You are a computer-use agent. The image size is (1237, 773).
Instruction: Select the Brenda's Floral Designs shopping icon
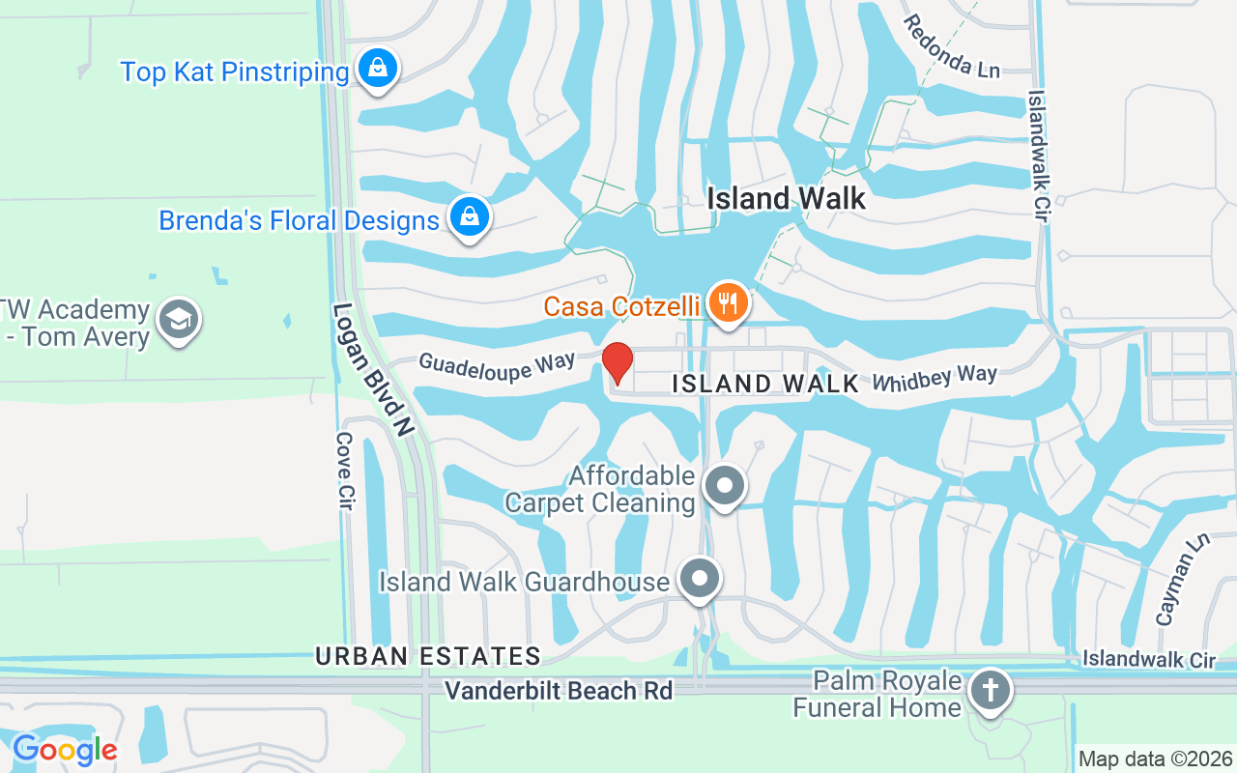(469, 216)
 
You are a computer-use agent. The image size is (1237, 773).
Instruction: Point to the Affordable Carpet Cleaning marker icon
(725, 486)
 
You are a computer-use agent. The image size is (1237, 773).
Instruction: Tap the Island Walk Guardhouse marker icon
(700, 579)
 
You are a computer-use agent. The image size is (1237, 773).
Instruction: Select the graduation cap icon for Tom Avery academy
(179, 320)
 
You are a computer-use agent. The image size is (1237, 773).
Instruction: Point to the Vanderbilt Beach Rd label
(559, 691)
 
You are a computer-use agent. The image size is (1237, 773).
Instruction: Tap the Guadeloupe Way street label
(497, 366)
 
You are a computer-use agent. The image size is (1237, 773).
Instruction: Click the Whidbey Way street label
(934, 378)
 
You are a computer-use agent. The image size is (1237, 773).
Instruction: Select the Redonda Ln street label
(951, 45)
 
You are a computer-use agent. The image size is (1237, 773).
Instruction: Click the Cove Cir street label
(344, 472)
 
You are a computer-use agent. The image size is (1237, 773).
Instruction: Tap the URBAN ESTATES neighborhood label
(427, 656)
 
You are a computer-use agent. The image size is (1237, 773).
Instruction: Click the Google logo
(64, 749)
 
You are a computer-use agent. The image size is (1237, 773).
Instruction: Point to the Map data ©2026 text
(1155, 759)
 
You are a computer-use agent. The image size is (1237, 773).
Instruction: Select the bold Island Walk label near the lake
(786, 198)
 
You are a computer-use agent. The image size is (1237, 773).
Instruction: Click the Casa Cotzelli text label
(620, 306)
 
